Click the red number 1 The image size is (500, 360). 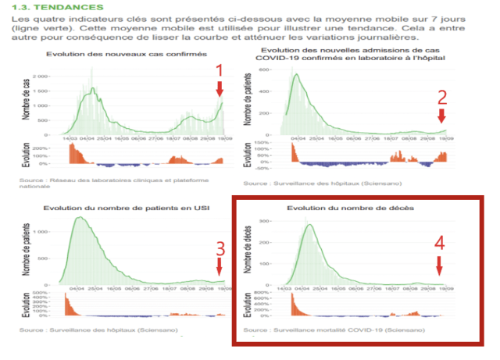click(220, 70)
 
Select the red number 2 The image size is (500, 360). click(442, 98)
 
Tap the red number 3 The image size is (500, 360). click(220, 248)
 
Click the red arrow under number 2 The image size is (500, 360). click(442, 116)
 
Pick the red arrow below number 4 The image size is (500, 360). click(440, 266)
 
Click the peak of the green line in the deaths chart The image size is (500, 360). click(310, 225)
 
